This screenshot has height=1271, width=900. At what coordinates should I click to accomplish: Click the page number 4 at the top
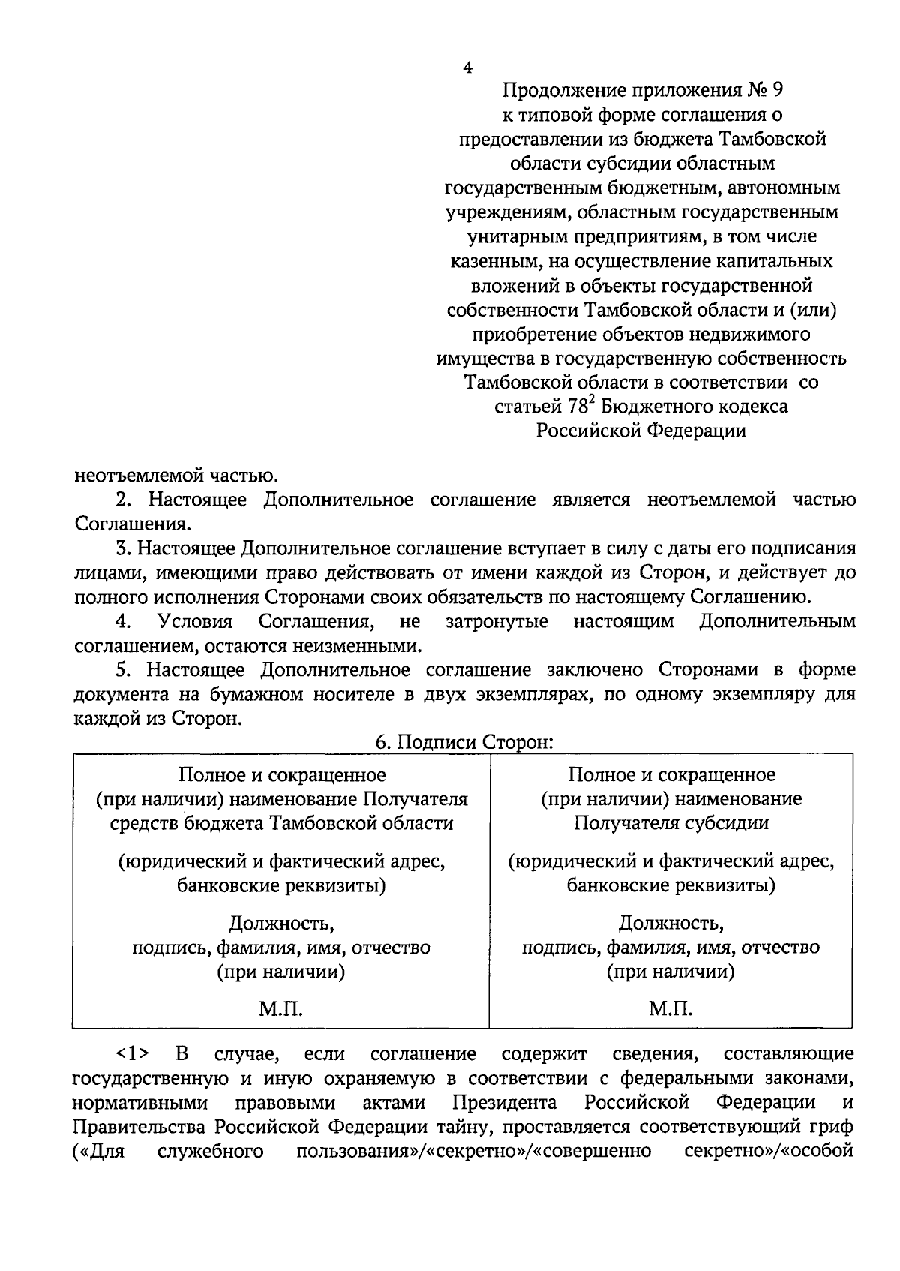tap(467, 67)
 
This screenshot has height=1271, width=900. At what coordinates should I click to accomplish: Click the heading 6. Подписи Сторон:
tap(464, 742)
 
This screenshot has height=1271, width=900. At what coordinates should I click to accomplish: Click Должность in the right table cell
tap(670, 922)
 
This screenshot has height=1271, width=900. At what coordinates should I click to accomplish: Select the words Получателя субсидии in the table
tap(670, 823)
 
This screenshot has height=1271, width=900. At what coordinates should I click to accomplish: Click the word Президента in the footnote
tap(504, 1103)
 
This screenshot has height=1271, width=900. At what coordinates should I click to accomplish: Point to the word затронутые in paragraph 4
tap(496, 622)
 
